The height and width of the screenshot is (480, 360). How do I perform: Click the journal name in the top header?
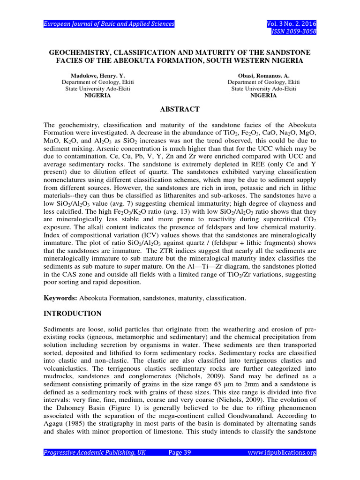109,24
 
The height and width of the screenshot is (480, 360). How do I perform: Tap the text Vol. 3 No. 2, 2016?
291,24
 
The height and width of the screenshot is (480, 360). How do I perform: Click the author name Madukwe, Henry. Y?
97,75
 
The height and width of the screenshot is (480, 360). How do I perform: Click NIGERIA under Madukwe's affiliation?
97,95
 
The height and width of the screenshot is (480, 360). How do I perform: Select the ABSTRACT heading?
180,109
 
